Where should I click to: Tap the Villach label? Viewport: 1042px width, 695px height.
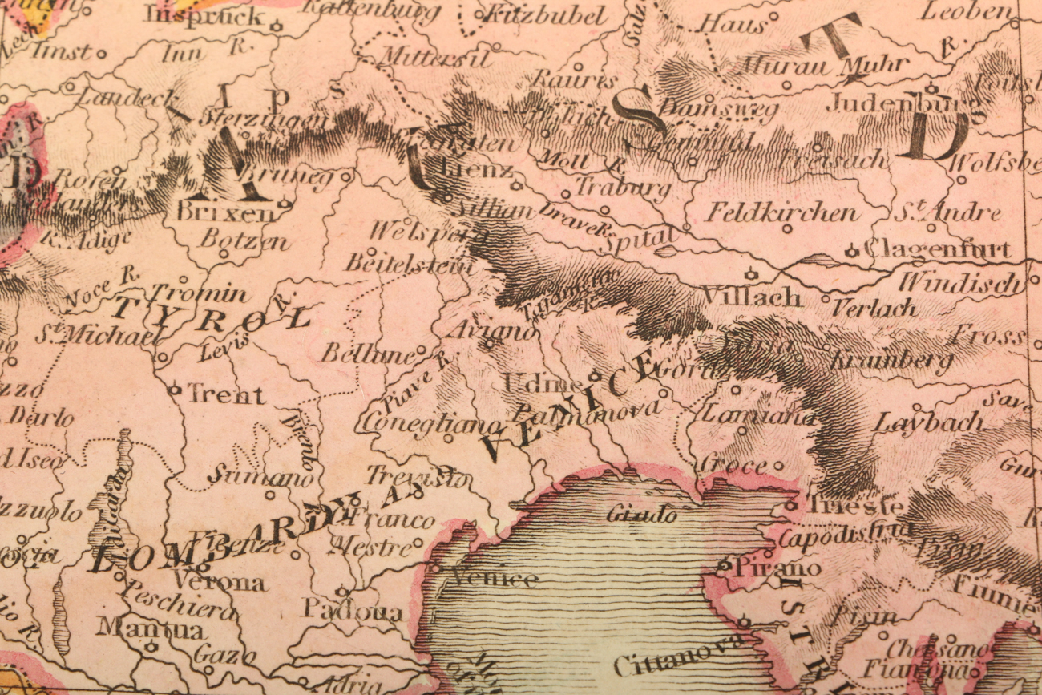click(x=751, y=297)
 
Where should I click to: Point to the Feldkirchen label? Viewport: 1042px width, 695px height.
click(x=781, y=213)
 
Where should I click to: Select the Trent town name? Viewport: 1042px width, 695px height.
click(x=225, y=394)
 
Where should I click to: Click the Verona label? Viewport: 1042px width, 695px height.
click(x=218, y=581)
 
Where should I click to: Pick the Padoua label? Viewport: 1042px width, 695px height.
click(x=353, y=611)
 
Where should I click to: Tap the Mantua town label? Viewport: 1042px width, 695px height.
click(x=150, y=628)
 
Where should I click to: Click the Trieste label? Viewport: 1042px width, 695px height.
click(x=854, y=507)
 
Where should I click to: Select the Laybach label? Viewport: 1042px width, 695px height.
click(x=928, y=422)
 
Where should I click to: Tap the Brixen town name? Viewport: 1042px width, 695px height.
click(x=224, y=212)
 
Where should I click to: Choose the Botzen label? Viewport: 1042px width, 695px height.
click(x=243, y=239)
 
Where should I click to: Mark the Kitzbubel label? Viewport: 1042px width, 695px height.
click(x=545, y=14)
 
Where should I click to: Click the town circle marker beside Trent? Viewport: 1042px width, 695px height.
click(x=174, y=390)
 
